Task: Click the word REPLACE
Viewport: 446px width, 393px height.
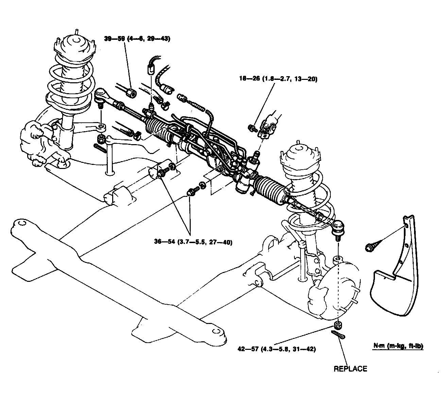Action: click(350, 369)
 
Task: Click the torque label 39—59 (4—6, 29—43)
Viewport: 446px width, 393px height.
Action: click(137, 38)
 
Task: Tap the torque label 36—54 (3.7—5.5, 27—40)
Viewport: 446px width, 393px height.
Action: click(193, 242)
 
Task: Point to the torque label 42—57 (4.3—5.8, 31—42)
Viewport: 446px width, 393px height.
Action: click(277, 349)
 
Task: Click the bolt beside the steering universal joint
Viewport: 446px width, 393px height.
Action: click(252, 128)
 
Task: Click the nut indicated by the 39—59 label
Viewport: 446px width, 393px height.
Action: click(131, 91)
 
